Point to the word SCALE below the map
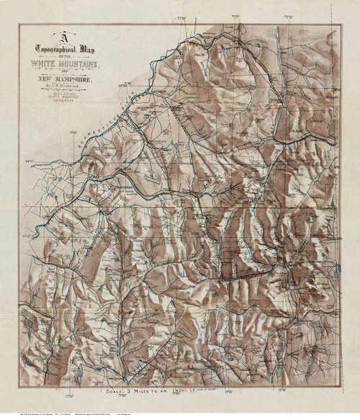pos(117,393)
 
